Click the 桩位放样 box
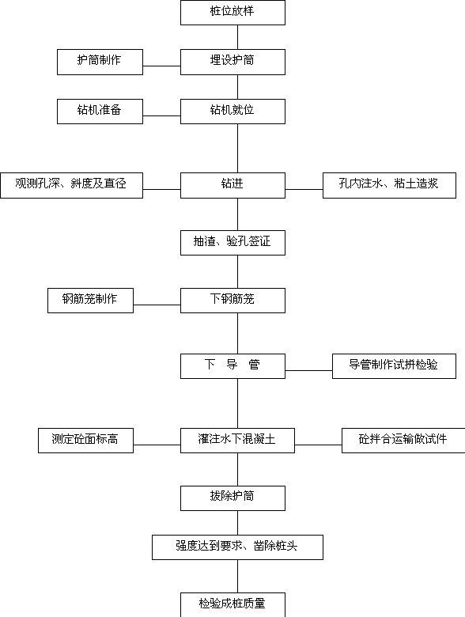[x=232, y=13]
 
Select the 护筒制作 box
[x=100, y=62]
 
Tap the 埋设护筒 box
[x=232, y=62]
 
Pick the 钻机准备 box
[x=100, y=112]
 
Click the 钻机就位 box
[x=232, y=112]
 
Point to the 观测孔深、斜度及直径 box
[x=72, y=185]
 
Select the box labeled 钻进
[x=232, y=185]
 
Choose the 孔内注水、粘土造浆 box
[x=389, y=185]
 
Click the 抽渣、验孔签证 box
[x=232, y=243]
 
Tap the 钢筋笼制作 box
[x=90, y=301]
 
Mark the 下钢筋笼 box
[x=232, y=301]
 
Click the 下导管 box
[x=232, y=366]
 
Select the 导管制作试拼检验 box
[x=394, y=366]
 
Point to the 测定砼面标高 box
[x=85, y=441]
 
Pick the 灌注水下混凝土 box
[x=237, y=441]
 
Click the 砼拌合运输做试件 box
[x=403, y=441]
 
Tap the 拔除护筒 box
[x=232, y=498]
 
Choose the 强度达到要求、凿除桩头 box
[x=237, y=547]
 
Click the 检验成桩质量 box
[x=232, y=605]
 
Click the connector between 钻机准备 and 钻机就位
[x=161, y=115]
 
